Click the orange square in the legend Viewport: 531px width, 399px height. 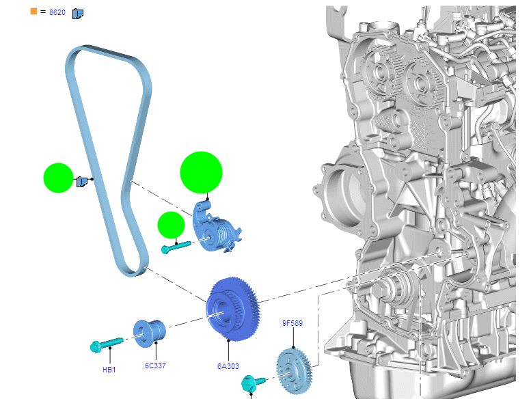33,11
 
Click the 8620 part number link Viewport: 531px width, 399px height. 57,12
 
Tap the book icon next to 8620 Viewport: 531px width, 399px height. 77,14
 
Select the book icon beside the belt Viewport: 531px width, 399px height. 81,182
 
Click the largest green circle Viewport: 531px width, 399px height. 201,172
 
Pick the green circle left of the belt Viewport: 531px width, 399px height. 58,178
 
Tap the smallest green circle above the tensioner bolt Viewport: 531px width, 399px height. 172,225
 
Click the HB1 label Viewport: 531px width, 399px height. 109,370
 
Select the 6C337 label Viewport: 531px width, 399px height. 155,366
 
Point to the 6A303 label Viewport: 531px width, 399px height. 228,366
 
